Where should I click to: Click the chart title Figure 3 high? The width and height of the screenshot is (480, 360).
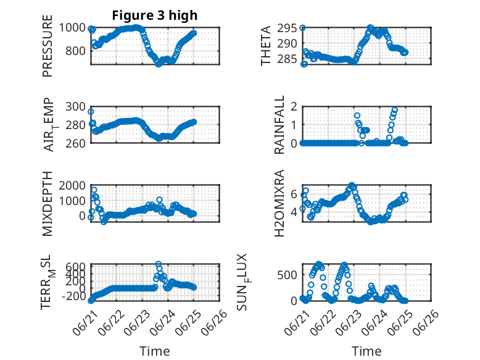click(155, 15)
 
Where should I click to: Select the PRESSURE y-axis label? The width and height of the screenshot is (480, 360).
click(48, 46)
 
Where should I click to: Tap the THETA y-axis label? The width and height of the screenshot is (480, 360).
click(266, 46)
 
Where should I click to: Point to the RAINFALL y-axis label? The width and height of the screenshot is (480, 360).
click(280, 125)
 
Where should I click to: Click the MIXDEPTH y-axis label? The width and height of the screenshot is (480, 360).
click(48, 204)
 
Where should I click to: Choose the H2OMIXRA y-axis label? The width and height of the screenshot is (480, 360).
click(280, 203)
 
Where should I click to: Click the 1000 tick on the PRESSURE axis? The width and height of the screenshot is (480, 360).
click(72, 28)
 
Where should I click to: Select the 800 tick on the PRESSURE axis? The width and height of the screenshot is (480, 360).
click(75, 51)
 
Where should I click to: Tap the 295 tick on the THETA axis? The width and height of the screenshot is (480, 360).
click(287, 28)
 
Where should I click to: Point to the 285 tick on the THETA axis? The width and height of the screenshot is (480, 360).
click(287, 59)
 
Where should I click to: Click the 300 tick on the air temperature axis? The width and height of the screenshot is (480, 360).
click(75, 107)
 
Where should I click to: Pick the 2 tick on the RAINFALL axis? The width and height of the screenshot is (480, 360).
click(294, 107)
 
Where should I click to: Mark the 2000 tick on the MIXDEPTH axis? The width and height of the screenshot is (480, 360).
click(72, 186)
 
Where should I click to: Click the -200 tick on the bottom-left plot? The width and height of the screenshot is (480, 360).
click(74, 296)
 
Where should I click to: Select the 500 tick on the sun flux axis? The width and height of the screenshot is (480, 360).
click(287, 275)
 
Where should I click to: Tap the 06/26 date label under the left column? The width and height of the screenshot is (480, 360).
click(214, 322)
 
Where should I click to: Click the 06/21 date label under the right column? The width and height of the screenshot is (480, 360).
click(297, 322)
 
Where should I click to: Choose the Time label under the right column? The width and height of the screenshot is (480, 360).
click(366, 351)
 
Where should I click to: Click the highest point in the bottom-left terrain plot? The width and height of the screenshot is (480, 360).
click(159, 264)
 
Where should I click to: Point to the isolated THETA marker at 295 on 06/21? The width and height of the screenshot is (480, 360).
click(302, 28)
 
